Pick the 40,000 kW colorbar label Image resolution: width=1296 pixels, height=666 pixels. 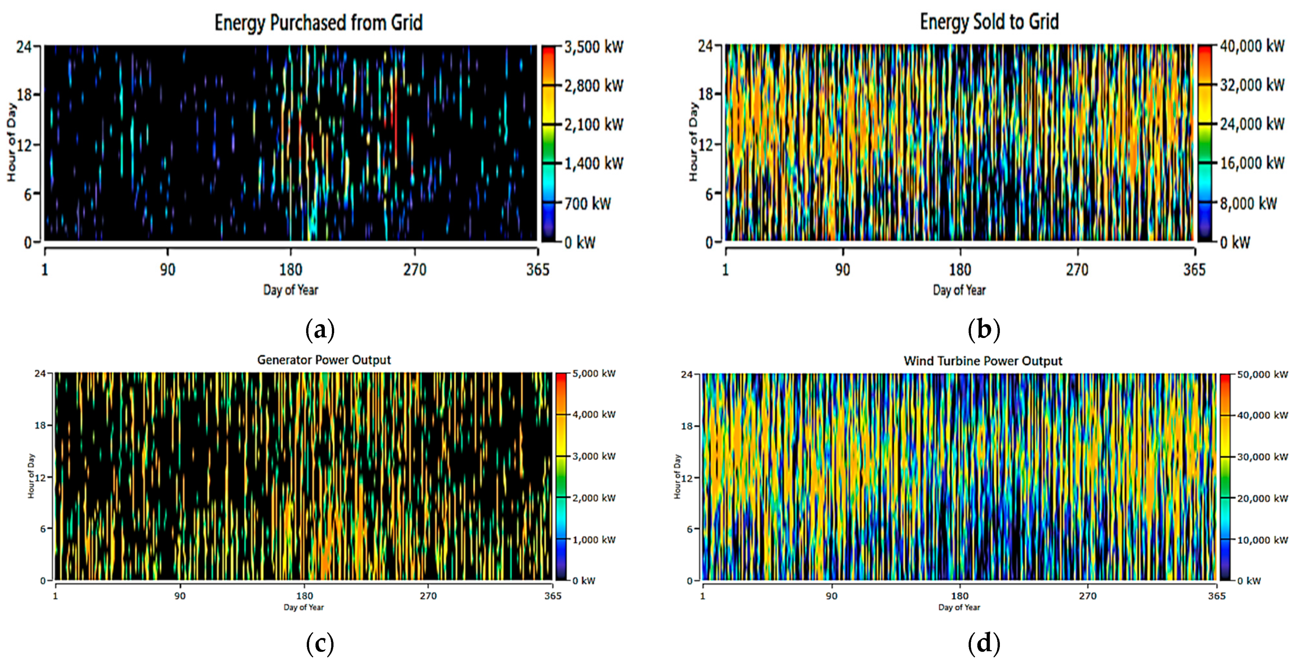[1252, 46]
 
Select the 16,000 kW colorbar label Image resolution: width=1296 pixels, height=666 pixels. [1252, 163]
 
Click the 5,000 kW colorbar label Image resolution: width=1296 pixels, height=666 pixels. [594, 373]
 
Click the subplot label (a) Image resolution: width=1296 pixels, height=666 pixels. [319, 330]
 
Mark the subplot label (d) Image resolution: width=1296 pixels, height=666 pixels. [984, 643]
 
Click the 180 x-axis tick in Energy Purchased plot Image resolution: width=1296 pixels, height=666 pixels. [290, 270]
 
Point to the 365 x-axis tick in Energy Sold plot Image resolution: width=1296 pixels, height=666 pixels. [1194, 270]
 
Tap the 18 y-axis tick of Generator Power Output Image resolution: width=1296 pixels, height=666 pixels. [40, 426]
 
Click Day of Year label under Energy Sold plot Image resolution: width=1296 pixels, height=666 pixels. [959, 290]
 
